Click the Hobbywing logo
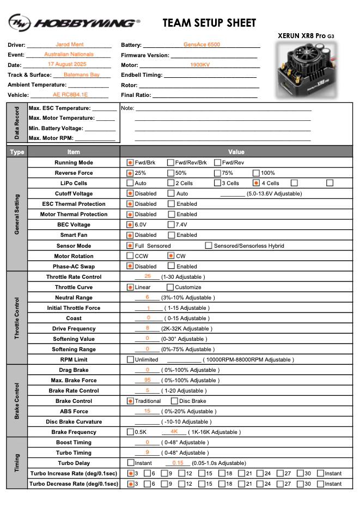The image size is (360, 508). click(74, 23)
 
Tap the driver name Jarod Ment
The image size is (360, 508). click(69, 45)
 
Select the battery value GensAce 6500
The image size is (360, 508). click(202, 45)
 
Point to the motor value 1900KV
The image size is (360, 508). click(200, 65)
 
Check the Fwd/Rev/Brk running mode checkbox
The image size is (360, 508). click(171, 162)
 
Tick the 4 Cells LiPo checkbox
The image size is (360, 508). click(257, 183)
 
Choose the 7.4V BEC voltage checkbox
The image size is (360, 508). click(171, 224)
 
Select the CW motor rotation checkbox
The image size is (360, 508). click(171, 255)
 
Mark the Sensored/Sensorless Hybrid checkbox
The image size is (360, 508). click(209, 246)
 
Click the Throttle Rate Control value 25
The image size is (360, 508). click(148, 276)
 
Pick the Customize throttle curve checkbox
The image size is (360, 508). click(170, 287)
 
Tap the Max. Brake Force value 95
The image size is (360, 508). click(148, 380)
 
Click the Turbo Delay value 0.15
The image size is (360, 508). click(178, 462)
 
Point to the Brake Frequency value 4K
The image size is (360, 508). click(174, 431)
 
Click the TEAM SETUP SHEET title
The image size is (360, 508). click(209, 23)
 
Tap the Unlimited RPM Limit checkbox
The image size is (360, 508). click(130, 359)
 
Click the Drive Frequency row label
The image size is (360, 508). click(74, 328)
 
